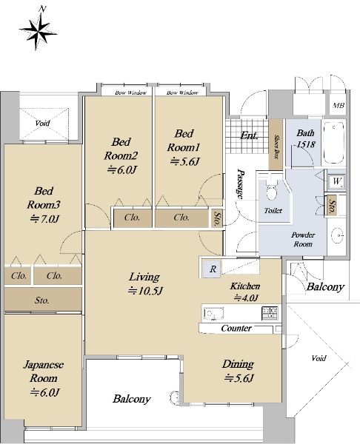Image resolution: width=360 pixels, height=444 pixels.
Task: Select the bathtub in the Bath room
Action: pyautogui.click(x=334, y=142)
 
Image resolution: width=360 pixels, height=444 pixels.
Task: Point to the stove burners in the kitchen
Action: pyautogui.click(x=270, y=312)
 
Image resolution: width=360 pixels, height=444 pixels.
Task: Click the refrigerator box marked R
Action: pyautogui.click(x=213, y=269)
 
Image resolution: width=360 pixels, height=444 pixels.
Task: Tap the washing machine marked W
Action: pyautogui.click(x=336, y=182)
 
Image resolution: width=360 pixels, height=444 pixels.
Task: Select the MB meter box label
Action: pyautogui.click(x=339, y=106)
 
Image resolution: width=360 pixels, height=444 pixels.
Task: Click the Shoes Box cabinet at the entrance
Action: pyautogui.click(x=276, y=144)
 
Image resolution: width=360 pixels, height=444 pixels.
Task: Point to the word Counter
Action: pyautogui.click(x=236, y=329)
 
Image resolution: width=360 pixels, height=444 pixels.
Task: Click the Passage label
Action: pyautogui.click(x=241, y=184)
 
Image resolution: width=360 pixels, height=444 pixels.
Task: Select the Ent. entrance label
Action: pyautogui.click(x=249, y=136)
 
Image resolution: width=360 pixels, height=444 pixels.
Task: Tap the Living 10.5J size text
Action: pyautogui.click(x=145, y=291)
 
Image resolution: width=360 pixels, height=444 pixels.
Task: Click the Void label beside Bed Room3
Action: pyautogui.click(x=42, y=123)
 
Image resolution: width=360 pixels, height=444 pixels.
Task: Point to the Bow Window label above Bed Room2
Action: pyautogui.click(x=130, y=92)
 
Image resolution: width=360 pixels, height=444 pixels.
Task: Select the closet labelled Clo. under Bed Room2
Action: pyautogui.click(x=133, y=218)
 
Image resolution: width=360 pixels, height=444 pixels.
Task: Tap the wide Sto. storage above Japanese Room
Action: pyautogui.click(x=43, y=300)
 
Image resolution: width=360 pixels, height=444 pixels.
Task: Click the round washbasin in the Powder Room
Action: pyautogui.click(x=338, y=235)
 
